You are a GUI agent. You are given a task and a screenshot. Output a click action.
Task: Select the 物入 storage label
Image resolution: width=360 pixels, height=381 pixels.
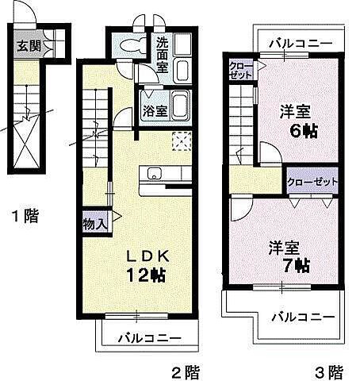(95, 225)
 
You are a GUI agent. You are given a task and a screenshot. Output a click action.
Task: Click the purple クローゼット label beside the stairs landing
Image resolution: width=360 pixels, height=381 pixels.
(312, 182)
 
